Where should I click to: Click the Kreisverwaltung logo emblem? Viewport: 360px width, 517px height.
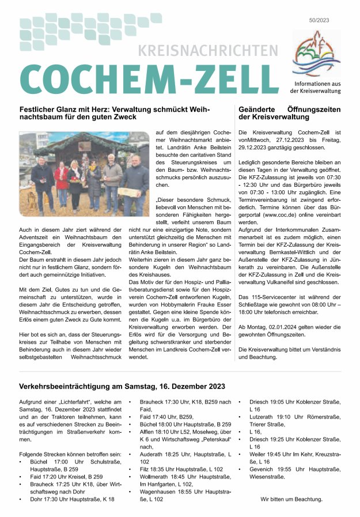(316, 54)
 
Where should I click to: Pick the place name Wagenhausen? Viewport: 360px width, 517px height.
(159, 492)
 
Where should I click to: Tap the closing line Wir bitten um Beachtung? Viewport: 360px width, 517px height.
(291, 499)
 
